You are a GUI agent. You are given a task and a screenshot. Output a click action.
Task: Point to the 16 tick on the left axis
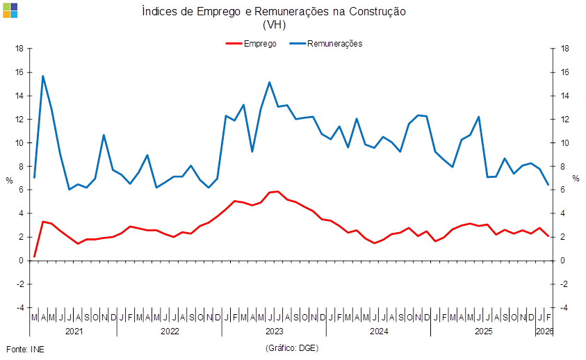pos(19,72)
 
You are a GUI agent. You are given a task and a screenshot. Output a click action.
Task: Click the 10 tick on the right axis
pos(565,143)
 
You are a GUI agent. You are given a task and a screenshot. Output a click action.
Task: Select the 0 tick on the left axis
pos(22,261)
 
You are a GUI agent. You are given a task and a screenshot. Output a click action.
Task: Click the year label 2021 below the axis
pos(74,332)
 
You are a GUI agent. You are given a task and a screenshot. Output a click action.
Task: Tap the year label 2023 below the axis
pos(275,332)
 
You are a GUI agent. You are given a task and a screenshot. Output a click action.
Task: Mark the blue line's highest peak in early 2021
pos(42,76)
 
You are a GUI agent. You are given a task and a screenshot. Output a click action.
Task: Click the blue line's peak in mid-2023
pos(270,83)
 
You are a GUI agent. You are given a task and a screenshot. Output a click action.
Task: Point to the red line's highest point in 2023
pos(277,190)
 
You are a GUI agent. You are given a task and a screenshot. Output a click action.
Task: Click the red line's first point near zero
pos(34,256)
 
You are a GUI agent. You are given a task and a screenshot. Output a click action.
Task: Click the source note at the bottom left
pos(25,347)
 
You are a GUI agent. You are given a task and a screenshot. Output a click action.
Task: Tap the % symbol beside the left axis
pos(8,179)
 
